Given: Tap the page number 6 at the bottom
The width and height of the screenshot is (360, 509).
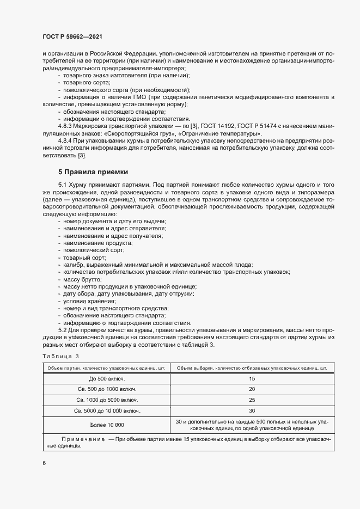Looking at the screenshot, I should pos(44,463).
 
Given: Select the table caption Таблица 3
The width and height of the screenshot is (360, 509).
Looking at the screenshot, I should pos(61,356).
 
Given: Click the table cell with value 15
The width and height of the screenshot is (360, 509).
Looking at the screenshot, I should pos(252,378).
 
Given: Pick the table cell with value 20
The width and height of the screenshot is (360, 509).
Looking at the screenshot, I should pos(252,389).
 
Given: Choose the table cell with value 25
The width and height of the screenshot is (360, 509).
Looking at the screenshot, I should pos(252,400).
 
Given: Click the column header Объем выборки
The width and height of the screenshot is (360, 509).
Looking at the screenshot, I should pos(252,368).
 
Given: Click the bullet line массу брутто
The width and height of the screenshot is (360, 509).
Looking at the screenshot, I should pos(80,279).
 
